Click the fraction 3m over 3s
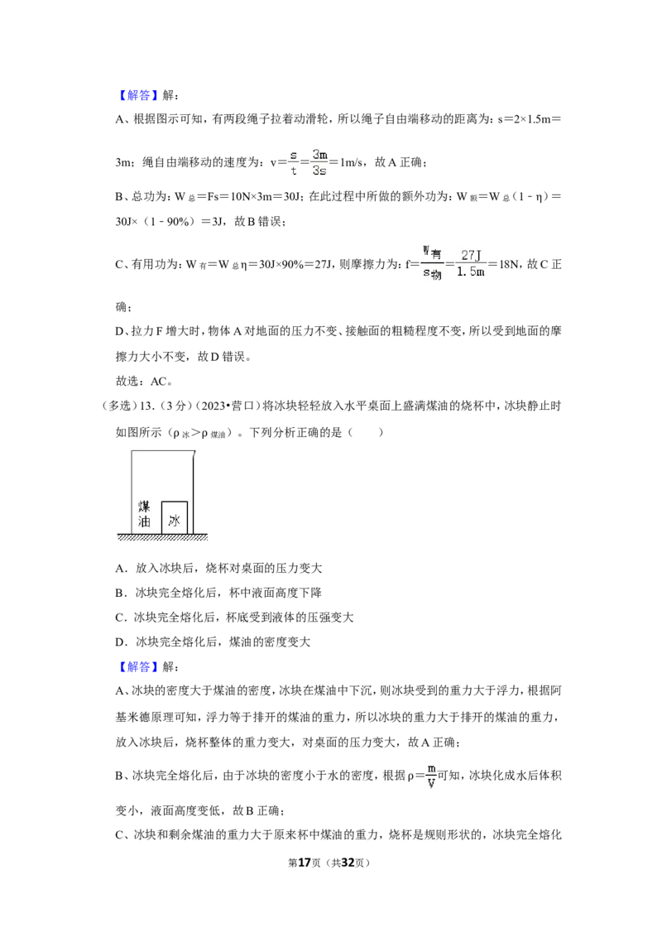click(319, 162)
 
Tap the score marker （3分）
click(175, 406)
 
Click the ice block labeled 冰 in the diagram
click(175, 517)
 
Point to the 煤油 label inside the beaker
click(144, 514)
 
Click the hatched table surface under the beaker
click(162, 536)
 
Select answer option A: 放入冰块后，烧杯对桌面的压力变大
click(218, 569)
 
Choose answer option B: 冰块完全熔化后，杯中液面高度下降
click(218, 593)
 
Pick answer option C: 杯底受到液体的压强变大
click(234, 617)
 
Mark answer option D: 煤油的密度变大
click(213, 642)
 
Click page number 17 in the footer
click(305, 863)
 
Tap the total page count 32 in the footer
click(348, 863)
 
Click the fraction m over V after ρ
click(431, 776)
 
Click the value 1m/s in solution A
click(352, 162)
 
